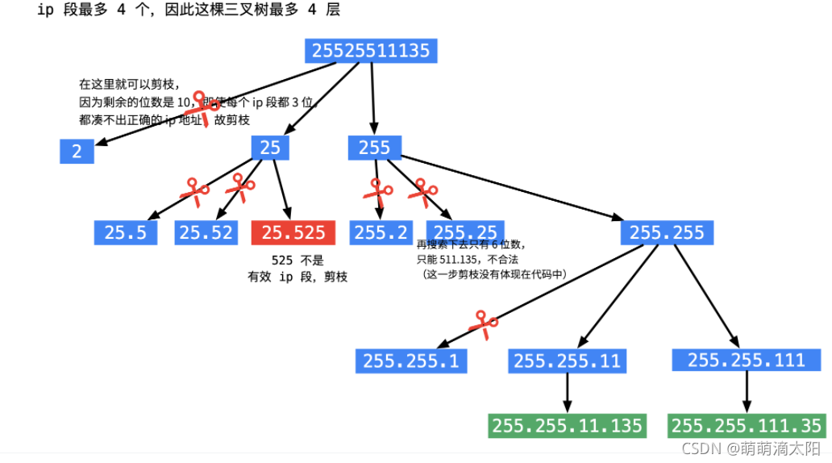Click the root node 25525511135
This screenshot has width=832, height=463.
[372, 50]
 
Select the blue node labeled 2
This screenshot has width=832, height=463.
[77, 151]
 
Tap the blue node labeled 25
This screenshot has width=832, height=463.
[270, 147]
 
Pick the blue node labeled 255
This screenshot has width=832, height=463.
[374, 147]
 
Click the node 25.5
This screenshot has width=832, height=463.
[125, 233]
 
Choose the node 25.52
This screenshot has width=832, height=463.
[206, 233]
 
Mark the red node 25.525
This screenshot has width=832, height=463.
[293, 233]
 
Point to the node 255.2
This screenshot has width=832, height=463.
[381, 233]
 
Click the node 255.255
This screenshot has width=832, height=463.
[667, 233]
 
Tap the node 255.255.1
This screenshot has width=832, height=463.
[411, 361]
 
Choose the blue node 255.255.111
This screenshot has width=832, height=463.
[746, 360]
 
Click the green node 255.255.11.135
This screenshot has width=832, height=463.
[568, 425]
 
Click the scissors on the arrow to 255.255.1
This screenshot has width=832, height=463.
[484, 323]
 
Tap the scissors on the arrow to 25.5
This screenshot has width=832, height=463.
[193, 191]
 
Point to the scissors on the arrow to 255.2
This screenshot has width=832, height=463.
[376, 191]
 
